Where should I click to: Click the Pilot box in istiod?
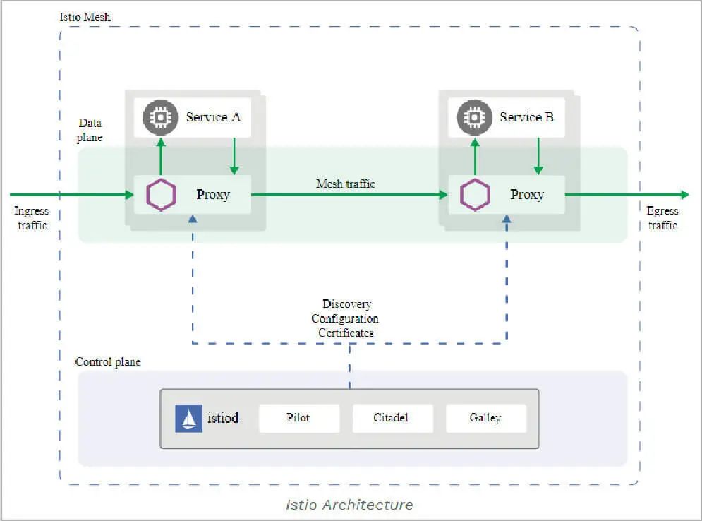(x=299, y=418)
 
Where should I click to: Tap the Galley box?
(x=485, y=418)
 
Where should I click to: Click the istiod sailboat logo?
(x=188, y=418)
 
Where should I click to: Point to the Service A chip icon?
(x=160, y=117)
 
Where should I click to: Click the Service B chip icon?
(x=474, y=117)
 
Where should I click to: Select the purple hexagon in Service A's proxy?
(x=161, y=195)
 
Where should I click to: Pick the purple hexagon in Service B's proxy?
(x=475, y=195)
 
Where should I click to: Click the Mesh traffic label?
(x=346, y=184)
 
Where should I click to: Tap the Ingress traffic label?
(x=32, y=218)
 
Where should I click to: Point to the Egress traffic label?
(x=662, y=218)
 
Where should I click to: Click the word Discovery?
(x=346, y=304)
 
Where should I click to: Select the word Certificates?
(x=346, y=333)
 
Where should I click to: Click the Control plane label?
(x=108, y=362)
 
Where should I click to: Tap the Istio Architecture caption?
(x=349, y=505)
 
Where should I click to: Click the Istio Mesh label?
(x=85, y=16)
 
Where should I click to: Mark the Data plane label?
(x=90, y=130)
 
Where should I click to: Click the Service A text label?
(x=213, y=117)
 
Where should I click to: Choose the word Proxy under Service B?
(x=527, y=195)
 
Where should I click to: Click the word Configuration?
(x=345, y=318)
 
